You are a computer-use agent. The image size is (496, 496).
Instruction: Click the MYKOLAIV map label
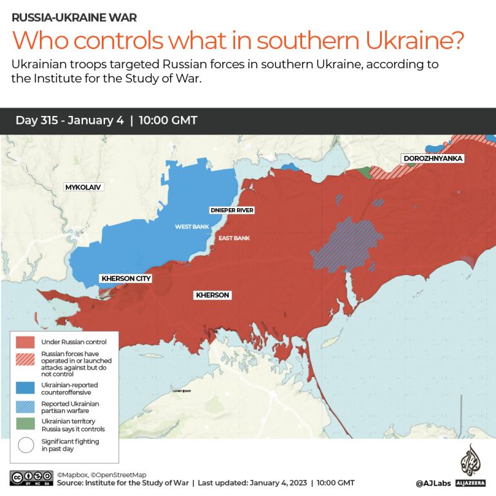[83, 187]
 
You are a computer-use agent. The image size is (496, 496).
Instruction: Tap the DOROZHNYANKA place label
[433, 158]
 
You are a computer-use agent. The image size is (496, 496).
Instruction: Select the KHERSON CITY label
[126, 278]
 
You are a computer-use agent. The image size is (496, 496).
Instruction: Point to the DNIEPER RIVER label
[232, 211]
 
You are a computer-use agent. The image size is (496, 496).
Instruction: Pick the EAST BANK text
[234, 238]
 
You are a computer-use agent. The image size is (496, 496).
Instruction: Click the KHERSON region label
[212, 295]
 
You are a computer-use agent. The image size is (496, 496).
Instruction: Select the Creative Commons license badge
[31, 478]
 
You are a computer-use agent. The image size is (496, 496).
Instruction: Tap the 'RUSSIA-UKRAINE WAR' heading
[74, 17]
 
